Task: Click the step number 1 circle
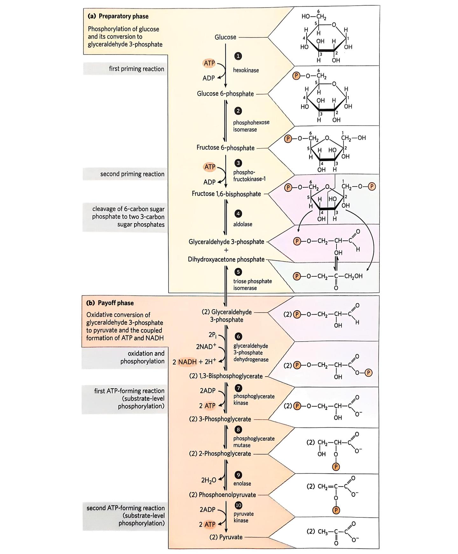pyautogui.click(x=238, y=56)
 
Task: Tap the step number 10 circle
pyautogui.click(x=238, y=505)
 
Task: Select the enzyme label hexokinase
pyautogui.click(x=246, y=70)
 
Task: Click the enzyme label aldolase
pyautogui.click(x=243, y=224)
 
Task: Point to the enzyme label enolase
pyautogui.click(x=242, y=483)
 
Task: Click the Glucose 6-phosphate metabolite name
pyautogui.click(x=225, y=94)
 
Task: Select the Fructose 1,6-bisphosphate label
pyautogui.click(x=226, y=194)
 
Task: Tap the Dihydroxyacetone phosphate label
pyautogui.click(x=226, y=259)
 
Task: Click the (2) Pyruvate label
pyautogui.click(x=226, y=537)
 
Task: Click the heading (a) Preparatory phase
pyautogui.click(x=118, y=16)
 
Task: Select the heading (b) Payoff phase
pyautogui.click(x=110, y=303)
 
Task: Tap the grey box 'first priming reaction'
pyautogui.click(x=136, y=69)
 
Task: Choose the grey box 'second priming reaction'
pyautogui.click(x=132, y=174)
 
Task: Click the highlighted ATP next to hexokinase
pyautogui.click(x=209, y=63)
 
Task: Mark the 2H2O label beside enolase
pyautogui.click(x=209, y=480)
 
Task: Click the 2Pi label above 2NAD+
pyautogui.click(x=212, y=335)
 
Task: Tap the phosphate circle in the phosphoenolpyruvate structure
pyautogui.click(x=336, y=510)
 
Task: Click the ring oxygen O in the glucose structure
pyautogui.click(x=334, y=25)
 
